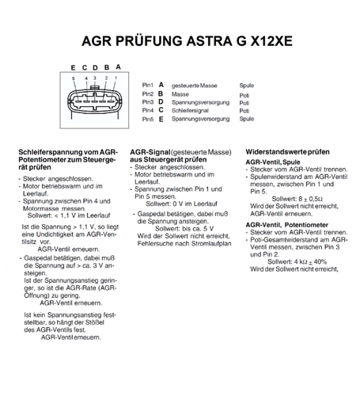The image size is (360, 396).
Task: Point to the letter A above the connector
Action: coord(118,67)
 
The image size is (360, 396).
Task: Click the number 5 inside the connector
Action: coord(74,78)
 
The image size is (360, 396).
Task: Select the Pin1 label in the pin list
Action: coord(148,85)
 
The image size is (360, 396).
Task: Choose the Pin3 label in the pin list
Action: coord(148,102)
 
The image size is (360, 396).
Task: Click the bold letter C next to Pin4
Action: coord(161,111)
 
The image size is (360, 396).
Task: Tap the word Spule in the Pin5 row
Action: coord(246,120)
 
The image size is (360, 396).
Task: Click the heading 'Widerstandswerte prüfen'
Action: coord(287,150)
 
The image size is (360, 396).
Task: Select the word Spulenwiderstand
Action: coord(279,176)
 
